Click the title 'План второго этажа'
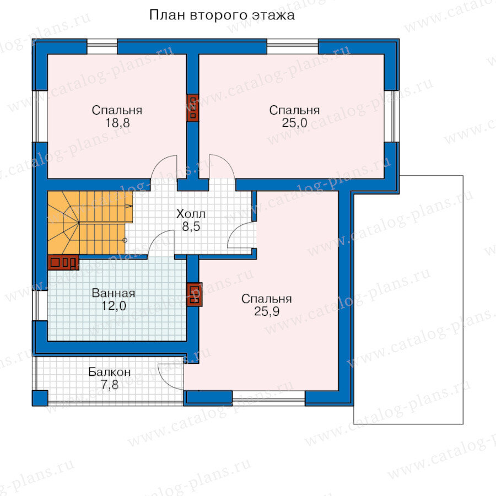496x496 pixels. pos(222,15)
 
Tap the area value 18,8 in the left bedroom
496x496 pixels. pos(117,123)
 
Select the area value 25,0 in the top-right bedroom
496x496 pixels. pos(294,123)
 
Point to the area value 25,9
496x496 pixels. pos(267,311)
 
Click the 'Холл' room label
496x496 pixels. pos(191,214)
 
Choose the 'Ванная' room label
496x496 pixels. pos(114,293)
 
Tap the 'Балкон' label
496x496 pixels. pos(110,372)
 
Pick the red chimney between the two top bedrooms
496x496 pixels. pos(192,107)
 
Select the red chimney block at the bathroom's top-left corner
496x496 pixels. pos(63,262)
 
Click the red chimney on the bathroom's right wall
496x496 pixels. pos(194,294)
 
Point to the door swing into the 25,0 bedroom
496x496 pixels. pos(222,167)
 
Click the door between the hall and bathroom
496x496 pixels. pos(161,242)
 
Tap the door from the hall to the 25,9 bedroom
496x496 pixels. pos(241,235)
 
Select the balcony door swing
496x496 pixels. pos(170,376)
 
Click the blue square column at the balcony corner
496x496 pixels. pos(40,398)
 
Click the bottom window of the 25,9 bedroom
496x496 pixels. pos(269,398)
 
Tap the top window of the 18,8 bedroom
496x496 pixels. pos(102,47)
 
